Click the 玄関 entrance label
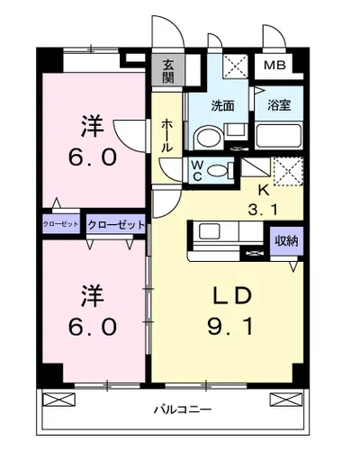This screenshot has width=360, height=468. coord(168,70)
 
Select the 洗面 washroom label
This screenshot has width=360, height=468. coord(222,105)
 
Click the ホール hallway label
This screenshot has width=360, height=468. coord(167,136)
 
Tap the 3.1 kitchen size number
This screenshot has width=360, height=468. coord(264,209)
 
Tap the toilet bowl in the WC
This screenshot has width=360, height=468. coord(207,139)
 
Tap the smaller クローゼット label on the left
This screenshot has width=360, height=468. coord(60,223)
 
